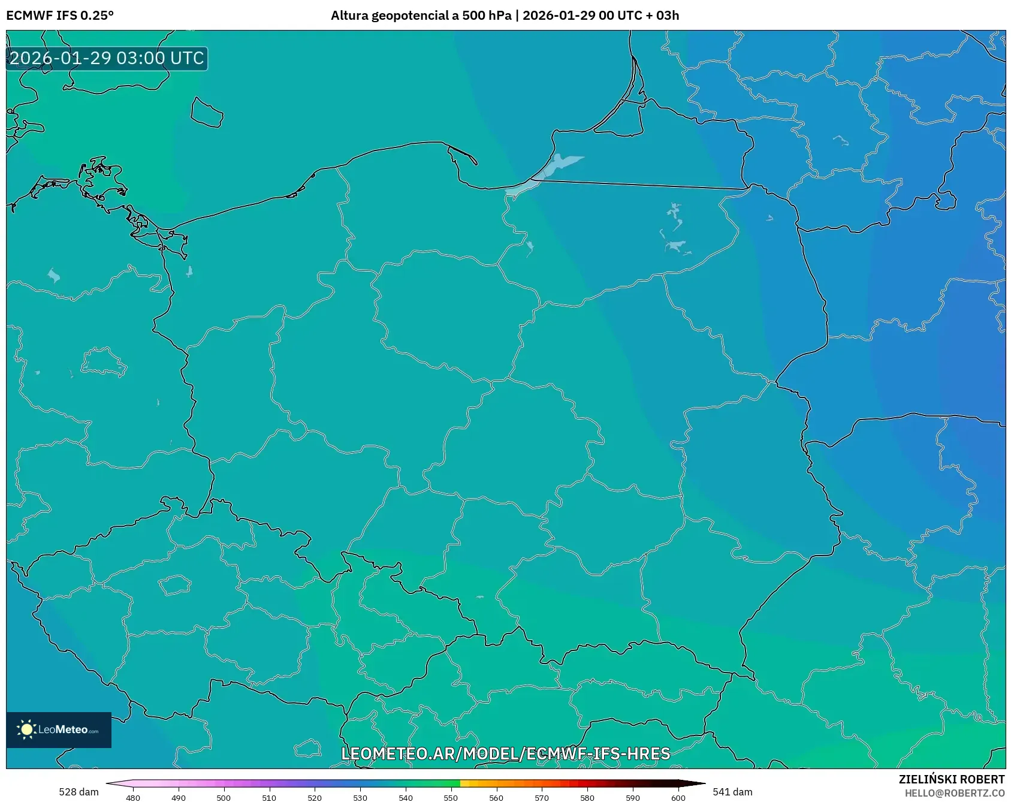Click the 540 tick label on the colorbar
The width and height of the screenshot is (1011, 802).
tap(406, 798)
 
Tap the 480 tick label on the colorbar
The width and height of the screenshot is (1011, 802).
tap(133, 798)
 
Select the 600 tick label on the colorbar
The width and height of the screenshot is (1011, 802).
tap(678, 798)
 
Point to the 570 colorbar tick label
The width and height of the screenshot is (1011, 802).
tap(542, 798)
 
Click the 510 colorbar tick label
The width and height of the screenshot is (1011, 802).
tap(269, 798)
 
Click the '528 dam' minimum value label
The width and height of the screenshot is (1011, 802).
tap(79, 792)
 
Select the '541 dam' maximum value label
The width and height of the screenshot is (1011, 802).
tap(732, 792)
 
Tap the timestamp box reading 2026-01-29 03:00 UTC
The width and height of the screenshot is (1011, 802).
tap(107, 58)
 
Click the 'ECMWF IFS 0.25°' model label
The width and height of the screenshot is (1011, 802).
tap(60, 16)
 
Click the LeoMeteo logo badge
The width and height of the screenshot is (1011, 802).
tap(59, 729)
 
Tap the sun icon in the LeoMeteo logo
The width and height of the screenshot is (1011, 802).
tap(26, 729)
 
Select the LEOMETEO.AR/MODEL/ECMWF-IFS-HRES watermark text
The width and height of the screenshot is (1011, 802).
tap(505, 753)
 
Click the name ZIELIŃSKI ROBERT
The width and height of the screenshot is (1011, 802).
tap(951, 779)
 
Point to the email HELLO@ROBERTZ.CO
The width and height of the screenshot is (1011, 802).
tap(954, 793)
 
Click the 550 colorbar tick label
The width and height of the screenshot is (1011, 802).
tap(451, 798)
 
